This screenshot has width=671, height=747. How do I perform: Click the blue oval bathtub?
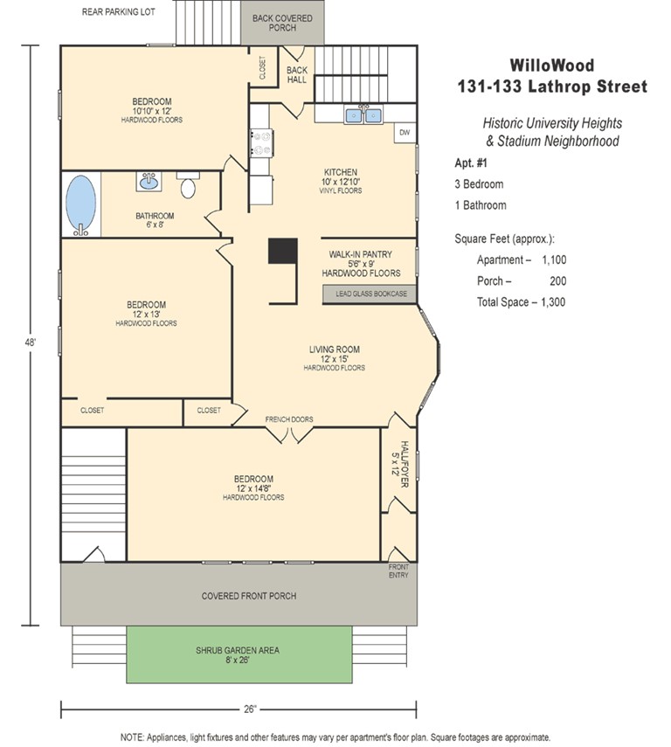[x=80, y=205]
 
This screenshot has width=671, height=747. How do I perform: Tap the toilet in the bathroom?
[x=188, y=185]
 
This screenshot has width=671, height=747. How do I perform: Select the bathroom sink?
[x=149, y=182]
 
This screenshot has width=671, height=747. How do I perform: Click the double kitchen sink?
[x=363, y=114]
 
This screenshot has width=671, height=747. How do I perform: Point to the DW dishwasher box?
[x=405, y=133]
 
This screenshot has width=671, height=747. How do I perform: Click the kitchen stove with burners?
[x=260, y=143]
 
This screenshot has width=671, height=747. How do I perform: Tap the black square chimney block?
[x=282, y=251]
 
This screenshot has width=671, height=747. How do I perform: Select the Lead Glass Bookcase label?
[x=371, y=294]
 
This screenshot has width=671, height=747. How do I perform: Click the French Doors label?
[x=289, y=419]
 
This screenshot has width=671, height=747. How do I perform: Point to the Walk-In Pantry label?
[x=360, y=254]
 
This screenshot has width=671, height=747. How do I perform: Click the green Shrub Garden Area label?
[x=238, y=650]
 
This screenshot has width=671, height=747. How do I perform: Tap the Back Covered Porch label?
[x=282, y=23]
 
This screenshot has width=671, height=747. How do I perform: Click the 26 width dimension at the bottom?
[x=250, y=709]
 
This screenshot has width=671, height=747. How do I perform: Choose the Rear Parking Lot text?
[x=119, y=12]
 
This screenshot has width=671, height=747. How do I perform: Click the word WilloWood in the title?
[x=552, y=66]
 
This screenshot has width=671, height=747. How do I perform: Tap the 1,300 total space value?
[x=553, y=302]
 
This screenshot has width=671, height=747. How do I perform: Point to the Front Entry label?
[x=398, y=571]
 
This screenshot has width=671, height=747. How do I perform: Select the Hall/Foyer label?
[x=399, y=464]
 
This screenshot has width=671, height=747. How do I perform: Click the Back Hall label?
[x=296, y=75]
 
